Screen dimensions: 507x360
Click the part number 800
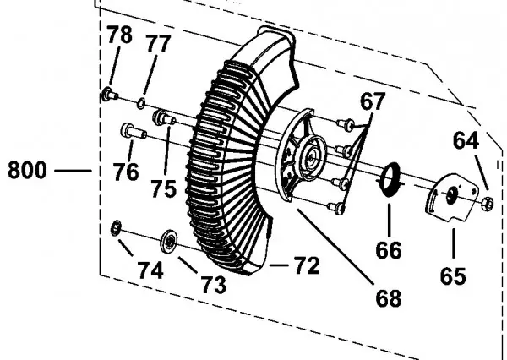(27, 170)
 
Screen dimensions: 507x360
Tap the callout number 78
(119, 35)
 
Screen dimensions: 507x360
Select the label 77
(158, 43)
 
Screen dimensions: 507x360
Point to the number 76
(126, 172)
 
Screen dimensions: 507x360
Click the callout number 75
(164, 189)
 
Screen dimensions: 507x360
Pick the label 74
(150, 270)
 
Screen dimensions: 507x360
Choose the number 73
(214, 285)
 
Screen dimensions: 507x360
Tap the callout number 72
(307, 266)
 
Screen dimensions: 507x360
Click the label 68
(389, 298)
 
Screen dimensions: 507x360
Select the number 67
(373, 101)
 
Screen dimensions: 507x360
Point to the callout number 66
(389, 250)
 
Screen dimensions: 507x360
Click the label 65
(453, 276)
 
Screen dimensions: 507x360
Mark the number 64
(466, 141)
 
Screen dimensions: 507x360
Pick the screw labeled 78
(109, 95)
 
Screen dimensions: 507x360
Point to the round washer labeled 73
(169, 241)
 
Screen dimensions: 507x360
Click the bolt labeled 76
(134, 131)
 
